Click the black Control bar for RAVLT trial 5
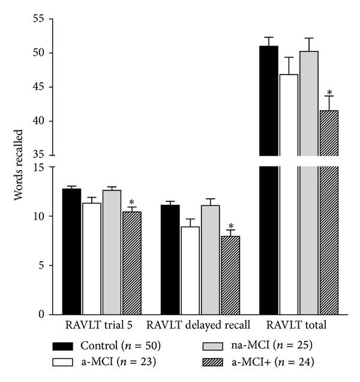click(71, 252)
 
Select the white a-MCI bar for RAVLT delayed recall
click(190, 270)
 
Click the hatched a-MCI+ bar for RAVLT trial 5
click(131, 264)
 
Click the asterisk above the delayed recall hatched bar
click(230, 226)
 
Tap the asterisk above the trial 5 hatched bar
click(131, 202)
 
